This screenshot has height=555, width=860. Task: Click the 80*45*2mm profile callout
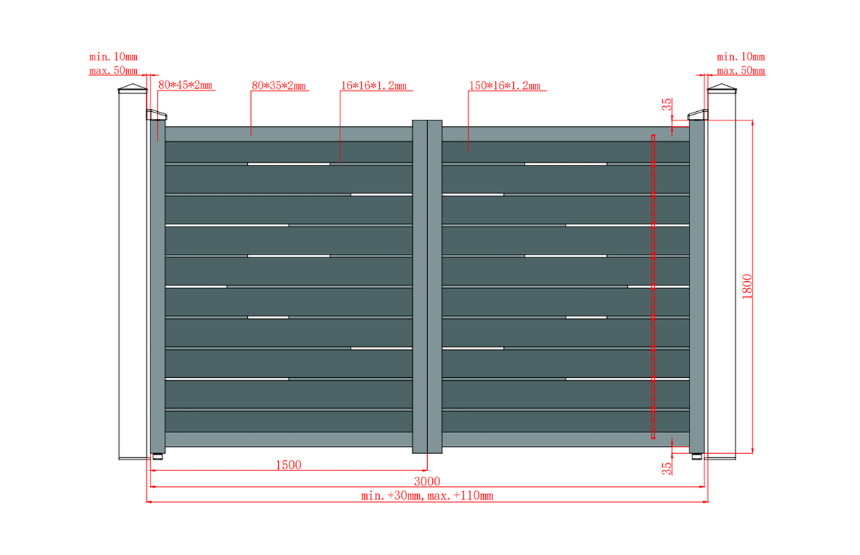[x=185, y=85]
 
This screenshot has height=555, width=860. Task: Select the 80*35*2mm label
[x=279, y=85]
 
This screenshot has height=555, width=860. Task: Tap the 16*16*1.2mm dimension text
[x=373, y=85]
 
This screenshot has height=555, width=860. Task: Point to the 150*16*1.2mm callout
[x=505, y=85]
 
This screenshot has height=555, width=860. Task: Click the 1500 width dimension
[x=288, y=465]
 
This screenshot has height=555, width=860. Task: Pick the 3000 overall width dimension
[x=427, y=481]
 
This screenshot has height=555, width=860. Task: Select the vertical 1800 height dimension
[x=747, y=286]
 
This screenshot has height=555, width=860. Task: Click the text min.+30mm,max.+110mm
[x=427, y=495]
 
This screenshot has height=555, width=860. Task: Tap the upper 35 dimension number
[x=667, y=104]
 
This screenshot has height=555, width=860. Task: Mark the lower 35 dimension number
[x=667, y=468]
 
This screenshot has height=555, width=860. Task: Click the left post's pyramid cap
[x=133, y=88]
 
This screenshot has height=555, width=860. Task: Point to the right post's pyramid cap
[x=722, y=88]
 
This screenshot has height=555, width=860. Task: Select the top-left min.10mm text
[x=113, y=57]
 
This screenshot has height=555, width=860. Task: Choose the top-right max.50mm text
[x=741, y=71]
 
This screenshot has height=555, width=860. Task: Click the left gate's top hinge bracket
[x=157, y=115]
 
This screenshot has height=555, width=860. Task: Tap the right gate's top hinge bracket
[x=697, y=115]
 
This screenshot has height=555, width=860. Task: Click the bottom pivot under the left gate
[x=158, y=457]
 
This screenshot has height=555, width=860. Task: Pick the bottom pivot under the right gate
[x=697, y=457]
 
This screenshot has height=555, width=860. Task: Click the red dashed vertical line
[x=653, y=287]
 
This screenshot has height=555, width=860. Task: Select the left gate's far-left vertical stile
[x=158, y=287]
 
